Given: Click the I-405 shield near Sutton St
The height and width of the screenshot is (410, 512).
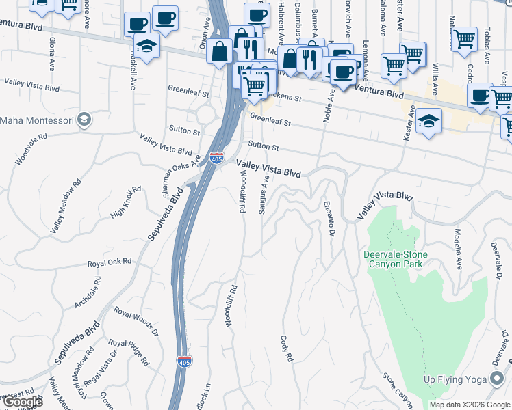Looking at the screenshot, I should click(216, 159).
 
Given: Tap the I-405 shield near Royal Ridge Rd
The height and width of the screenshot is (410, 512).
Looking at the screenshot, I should click(184, 359).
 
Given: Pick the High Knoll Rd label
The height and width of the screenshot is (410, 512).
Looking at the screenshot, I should click(125, 202).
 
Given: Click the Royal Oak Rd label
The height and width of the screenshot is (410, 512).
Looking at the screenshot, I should click(109, 262).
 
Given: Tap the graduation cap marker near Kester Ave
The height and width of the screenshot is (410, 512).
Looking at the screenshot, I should click(428, 121).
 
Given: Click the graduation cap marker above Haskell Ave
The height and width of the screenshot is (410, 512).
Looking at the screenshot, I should click(146, 46).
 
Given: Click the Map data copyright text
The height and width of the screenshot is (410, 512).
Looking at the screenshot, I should click(470, 405).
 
